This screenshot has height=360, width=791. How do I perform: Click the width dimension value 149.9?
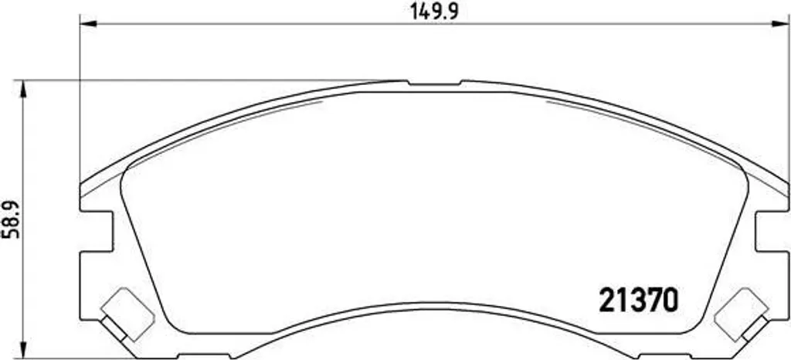click(x=434, y=11)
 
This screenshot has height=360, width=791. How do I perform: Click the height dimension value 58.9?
click(x=11, y=219)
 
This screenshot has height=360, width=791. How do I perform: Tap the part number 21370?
click(x=638, y=300)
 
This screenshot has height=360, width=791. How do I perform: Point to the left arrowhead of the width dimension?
click(x=88, y=23)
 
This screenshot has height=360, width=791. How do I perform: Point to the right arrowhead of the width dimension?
click(x=780, y=23)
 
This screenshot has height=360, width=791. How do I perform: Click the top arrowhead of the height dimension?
click(x=22, y=89)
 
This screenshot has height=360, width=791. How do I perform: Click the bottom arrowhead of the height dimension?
click(x=22, y=349)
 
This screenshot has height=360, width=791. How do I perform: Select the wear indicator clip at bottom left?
click(x=126, y=314)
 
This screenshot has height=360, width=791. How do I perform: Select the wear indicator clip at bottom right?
click(x=742, y=314)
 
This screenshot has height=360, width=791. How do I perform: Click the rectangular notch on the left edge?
click(x=97, y=231)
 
